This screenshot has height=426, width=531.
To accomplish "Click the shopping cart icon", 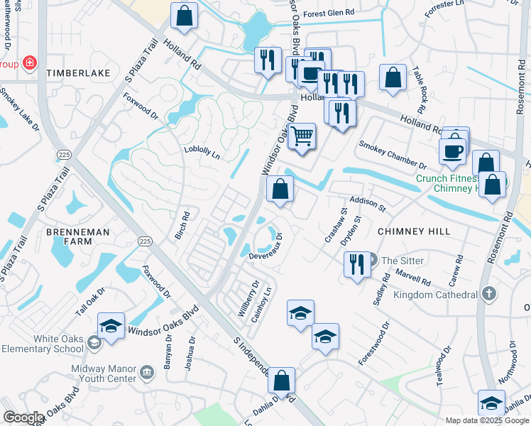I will (302, 134).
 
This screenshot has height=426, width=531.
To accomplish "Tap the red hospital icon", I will (30, 63).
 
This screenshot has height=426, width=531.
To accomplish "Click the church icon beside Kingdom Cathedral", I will (488, 293).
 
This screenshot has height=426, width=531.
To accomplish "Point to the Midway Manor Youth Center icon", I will (147, 371).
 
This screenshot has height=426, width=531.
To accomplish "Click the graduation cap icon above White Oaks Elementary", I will (111, 325).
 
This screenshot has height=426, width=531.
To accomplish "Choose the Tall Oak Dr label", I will (90, 302).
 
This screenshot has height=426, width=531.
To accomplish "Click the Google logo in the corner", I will (23, 417).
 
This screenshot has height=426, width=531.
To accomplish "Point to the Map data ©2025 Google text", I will (487, 420).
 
